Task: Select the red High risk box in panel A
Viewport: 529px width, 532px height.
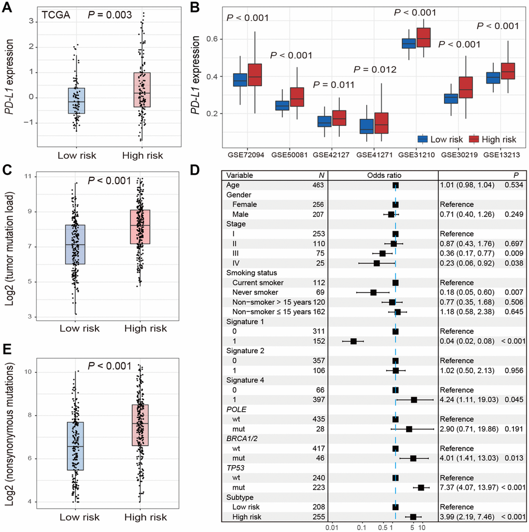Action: click(142, 90)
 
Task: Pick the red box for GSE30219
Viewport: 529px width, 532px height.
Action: click(466, 90)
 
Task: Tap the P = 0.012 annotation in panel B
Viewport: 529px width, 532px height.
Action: click(374, 69)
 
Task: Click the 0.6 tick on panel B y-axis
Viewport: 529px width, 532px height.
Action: click(214, 39)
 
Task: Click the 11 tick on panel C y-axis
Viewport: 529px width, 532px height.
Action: click(27, 177)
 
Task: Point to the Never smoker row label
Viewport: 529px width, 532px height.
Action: click(256, 292)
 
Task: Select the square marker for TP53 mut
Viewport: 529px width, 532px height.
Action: click(421, 487)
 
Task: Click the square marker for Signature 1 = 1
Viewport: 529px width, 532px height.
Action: click(353, 341)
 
